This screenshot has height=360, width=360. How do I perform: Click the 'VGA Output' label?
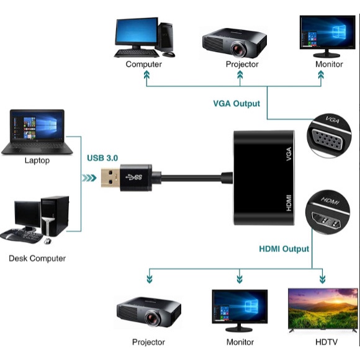[x=236, y=104]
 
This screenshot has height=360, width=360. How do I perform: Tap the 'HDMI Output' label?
[x=284, y=249]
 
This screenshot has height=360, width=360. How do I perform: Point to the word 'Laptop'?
[x=37, y=161]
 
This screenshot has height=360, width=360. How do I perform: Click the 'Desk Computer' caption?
[x=37, y=258]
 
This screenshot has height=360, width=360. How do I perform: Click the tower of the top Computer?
[x=166, y=37]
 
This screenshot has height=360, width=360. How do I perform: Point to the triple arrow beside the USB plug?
[x=89, y=179]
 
